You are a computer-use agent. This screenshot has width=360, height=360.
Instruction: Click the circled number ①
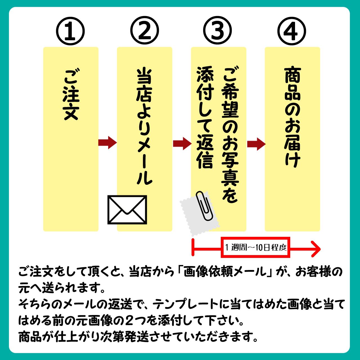click(70, 31)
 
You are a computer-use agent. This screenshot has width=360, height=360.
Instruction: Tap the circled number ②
click(145, 31)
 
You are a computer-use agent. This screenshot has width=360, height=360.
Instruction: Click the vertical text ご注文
click(71, 94)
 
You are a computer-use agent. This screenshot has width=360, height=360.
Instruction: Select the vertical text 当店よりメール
click(144, 127)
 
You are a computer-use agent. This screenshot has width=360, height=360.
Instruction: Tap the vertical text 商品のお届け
click(292, 117)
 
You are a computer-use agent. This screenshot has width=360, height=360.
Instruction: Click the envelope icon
click(127, 210)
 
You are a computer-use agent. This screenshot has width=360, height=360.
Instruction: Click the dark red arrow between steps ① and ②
click(107, 143)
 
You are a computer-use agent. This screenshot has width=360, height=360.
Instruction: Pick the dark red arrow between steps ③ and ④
click(256, 144)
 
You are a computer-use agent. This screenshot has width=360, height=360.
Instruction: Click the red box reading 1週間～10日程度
click(255, 247)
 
